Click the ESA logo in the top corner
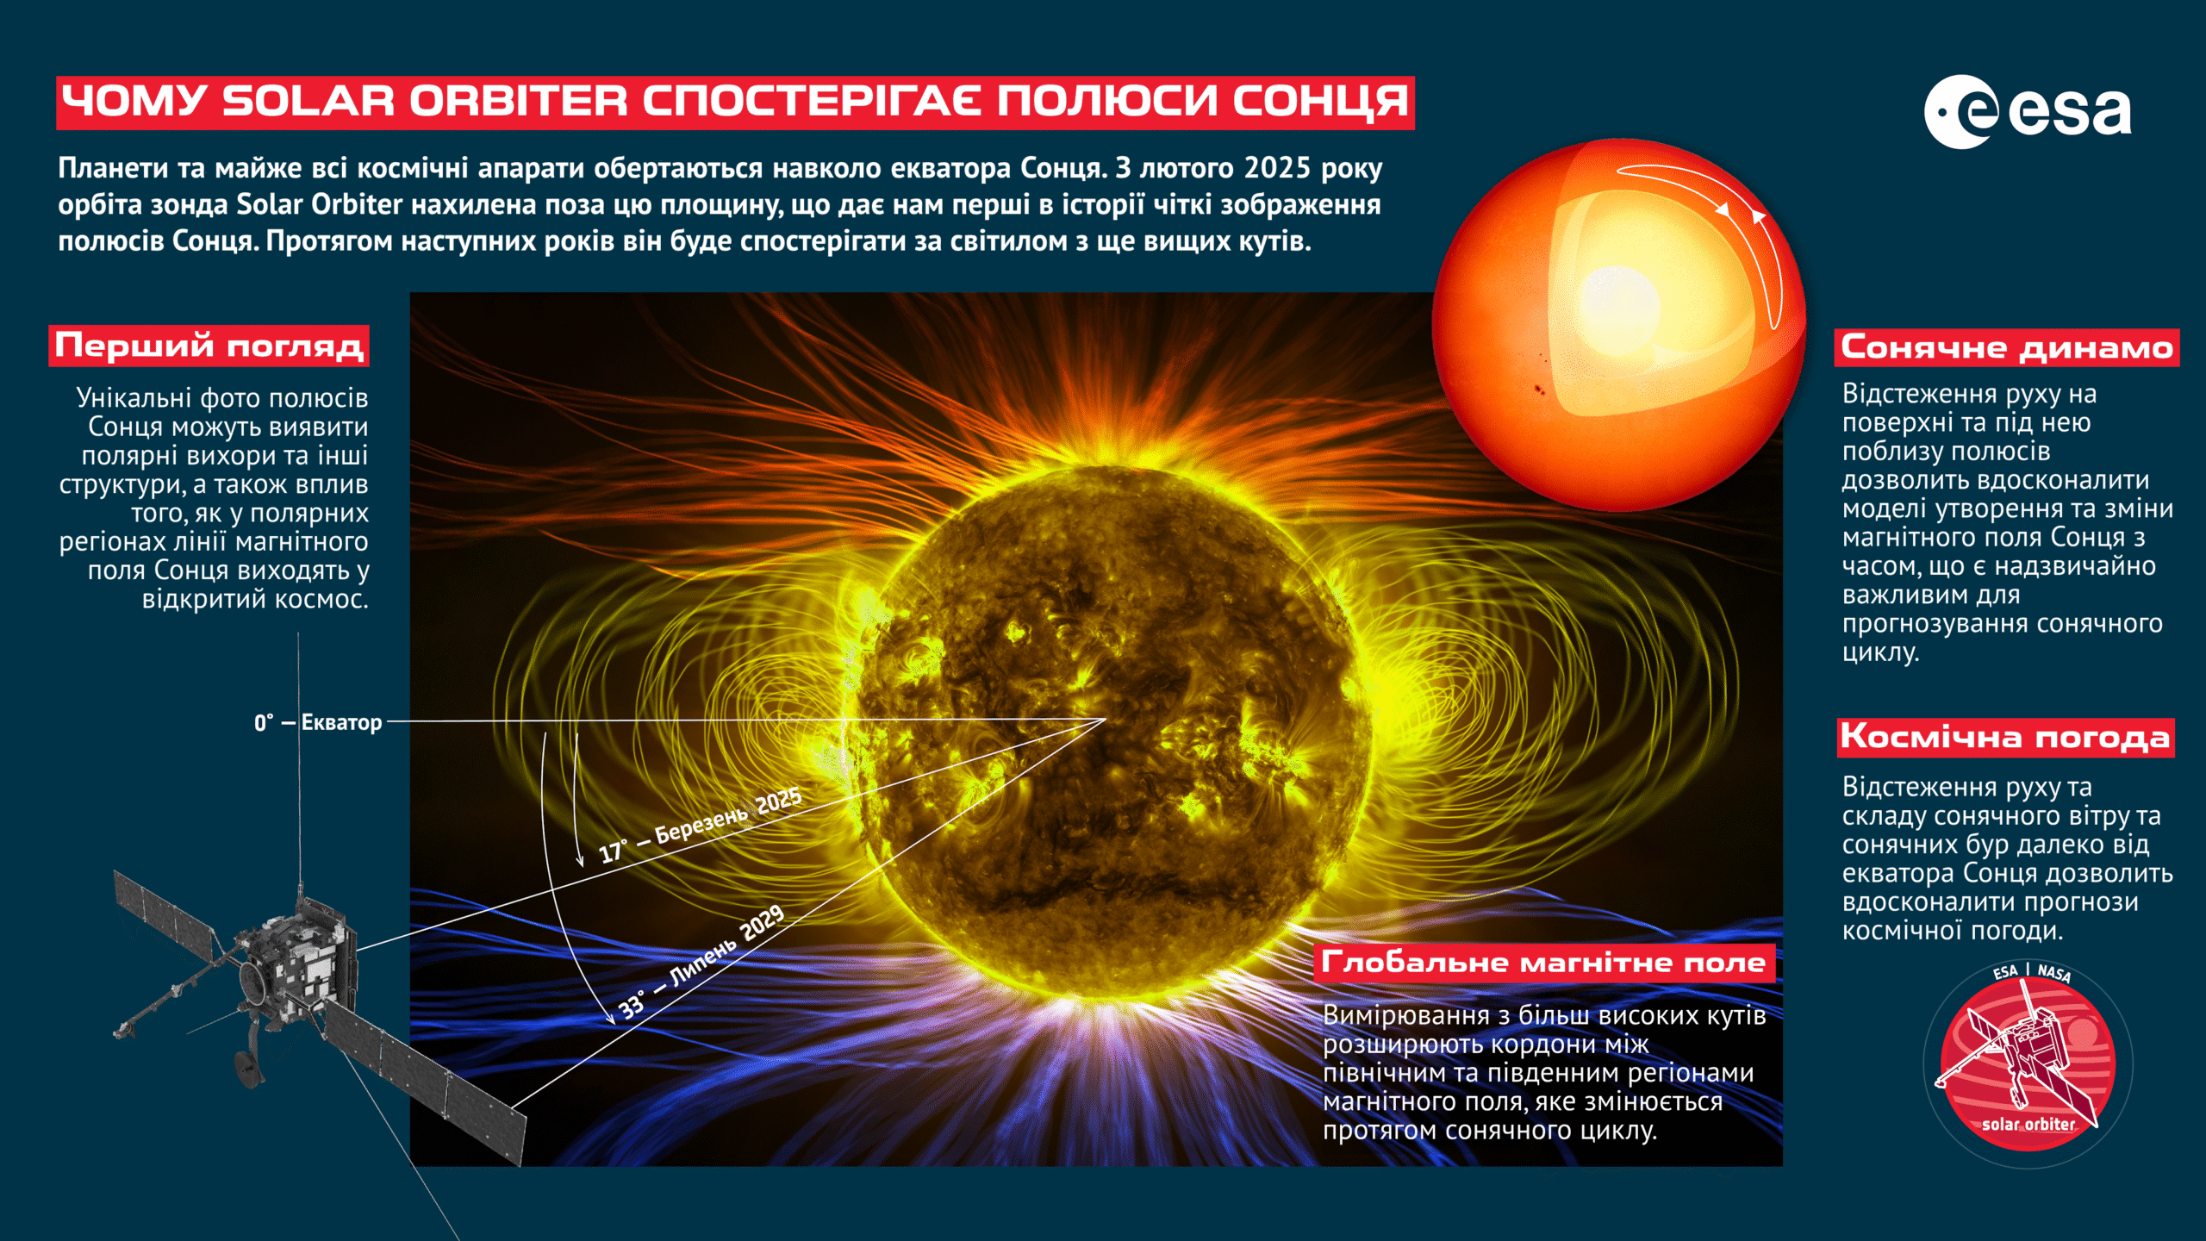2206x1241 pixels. [x=2028, y=112]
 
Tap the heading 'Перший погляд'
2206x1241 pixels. [x=209, y=346]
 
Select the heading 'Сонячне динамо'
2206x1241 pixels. [x=2007, y=347]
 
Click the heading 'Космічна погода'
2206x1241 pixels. [x=2005, y=738]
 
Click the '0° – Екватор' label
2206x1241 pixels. [x=318, y=722]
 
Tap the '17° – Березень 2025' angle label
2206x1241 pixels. [x=700, y=825]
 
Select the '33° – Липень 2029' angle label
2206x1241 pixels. [x=701, y=962]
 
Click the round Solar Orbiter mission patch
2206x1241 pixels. [x=2028, y=1064]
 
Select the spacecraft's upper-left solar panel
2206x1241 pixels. [x=164, y=914]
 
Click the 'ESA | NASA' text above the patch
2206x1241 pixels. [x=2032, y=972]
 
